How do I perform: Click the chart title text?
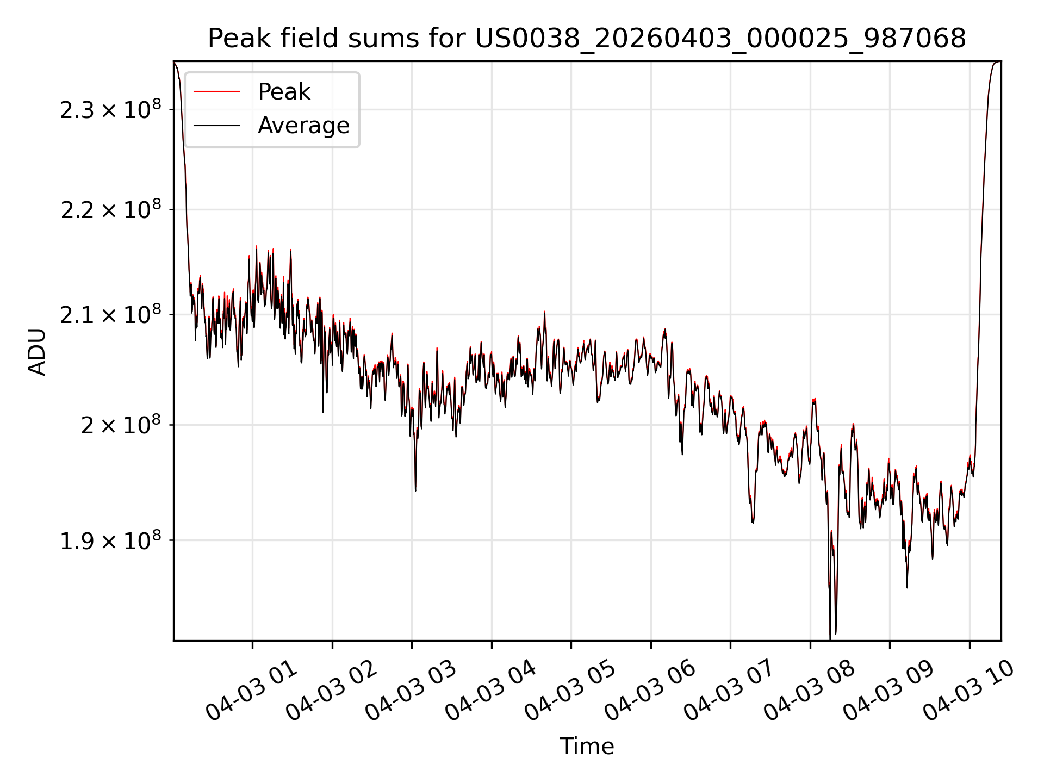pyautogui.click(x=587, y=39)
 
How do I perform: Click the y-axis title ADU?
pyautogui.click(x=37, y=351)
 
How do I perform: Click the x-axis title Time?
pyautogui.click(x=587, y=746)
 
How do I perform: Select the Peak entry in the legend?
pyautogui.click(x=284, y=91)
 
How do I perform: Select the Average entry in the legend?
pyautogui.click(x=303, y=125)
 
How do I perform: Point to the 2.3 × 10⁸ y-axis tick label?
pyautogui.click(x=110, y=110)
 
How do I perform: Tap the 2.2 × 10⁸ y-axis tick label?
pyautogui.click(x=110, y=210)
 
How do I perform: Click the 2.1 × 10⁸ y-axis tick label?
pyautogui.click(x=110, y=315)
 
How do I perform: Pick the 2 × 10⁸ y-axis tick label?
pyautogui.click(x=121, y=425)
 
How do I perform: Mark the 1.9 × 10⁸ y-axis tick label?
pyautogui.click(x=110, y=540)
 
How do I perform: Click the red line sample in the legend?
pyautogui.click(x=216, y=91)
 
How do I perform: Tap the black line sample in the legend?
pyautogui.click(x=216, y=126)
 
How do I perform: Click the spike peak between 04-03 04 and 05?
pyautogui.click(x=544, y=312)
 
